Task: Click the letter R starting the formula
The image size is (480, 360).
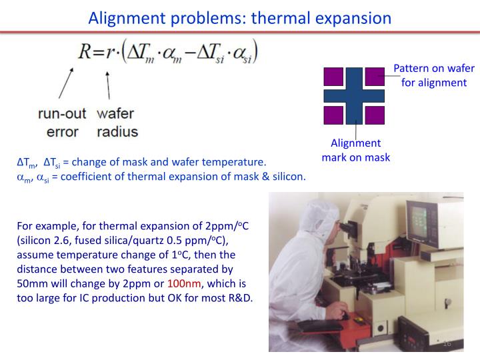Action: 85,51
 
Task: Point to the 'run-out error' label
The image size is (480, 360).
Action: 62,122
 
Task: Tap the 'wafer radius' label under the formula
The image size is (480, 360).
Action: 116,122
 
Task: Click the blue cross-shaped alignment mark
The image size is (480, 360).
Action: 354,95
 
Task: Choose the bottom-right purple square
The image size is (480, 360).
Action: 375,115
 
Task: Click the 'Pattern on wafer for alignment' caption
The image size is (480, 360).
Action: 429,75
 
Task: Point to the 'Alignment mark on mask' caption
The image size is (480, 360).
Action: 355,150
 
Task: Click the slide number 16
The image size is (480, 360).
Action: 447,343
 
